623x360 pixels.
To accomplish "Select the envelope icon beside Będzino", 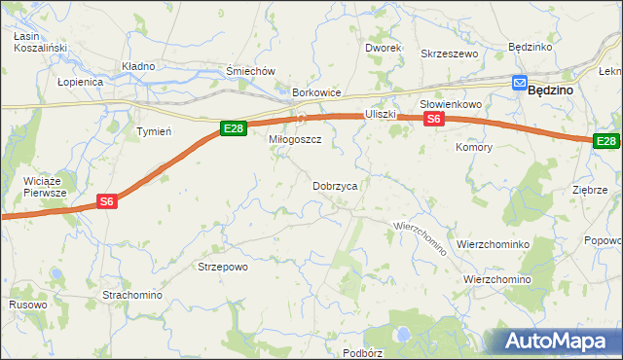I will coord(520,85).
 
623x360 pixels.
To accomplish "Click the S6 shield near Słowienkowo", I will coord(433,119).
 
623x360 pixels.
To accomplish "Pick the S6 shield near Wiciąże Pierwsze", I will coord(108,201).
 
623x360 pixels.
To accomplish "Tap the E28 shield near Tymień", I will coord(232,128).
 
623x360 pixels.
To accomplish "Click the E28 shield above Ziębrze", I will coord(607,141).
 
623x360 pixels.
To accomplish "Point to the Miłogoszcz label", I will coord(295,140).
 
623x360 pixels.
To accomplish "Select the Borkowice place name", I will coord(316,93).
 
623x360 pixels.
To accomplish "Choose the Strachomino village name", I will coord(133,294).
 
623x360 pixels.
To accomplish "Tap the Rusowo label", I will coord(27,305).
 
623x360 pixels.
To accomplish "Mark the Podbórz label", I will coord(363,353).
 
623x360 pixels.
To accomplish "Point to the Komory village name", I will coord(474,147).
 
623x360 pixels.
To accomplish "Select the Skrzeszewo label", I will coord(450,54).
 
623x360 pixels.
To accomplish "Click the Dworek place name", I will coord(384,48).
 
